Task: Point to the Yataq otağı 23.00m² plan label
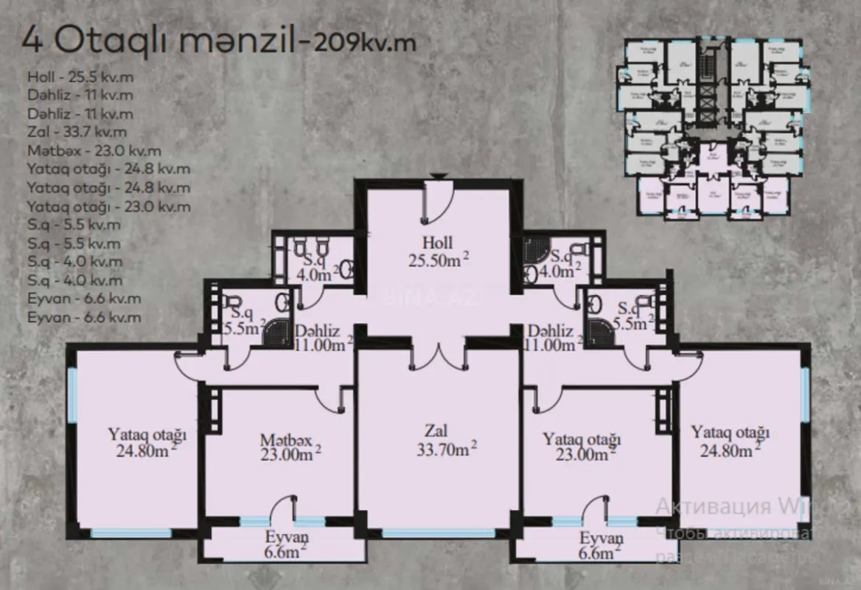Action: (582, 447)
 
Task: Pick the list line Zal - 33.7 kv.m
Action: (77, 133)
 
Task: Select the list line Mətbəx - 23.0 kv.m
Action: (94, 151)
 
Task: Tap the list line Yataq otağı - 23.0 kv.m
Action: (108, 207)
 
